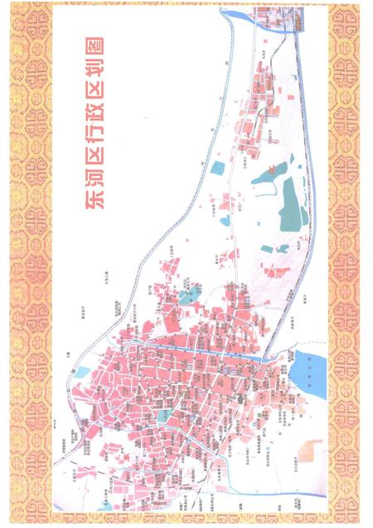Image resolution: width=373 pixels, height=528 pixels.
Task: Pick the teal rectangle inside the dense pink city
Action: [x=165, y=413]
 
